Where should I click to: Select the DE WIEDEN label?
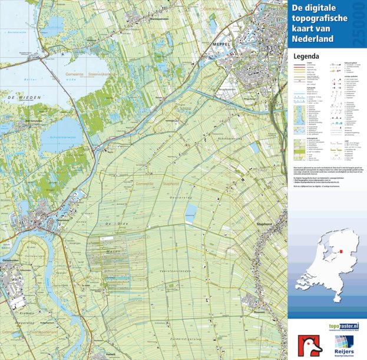pyautogui.click(x=18, y=96)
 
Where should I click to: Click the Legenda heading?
pyautogui.click(x=306, y=57)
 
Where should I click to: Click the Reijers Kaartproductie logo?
pyautogui.click(x=343, y=345)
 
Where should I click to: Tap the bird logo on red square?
pyautogui.click(x=309, y=345)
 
